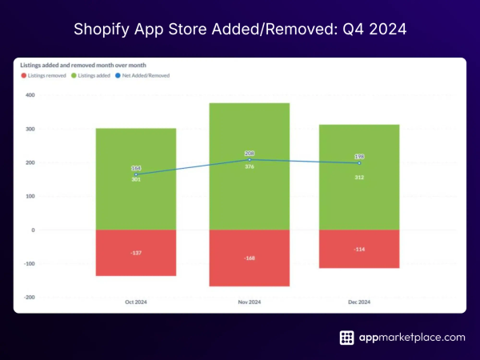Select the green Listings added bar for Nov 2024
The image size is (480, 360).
[249, 200]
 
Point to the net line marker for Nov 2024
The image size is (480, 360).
[249, 160]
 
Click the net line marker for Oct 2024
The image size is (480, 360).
[136, 174]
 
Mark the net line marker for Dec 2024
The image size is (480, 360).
[358, 163]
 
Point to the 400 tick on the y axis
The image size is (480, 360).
[30, 95]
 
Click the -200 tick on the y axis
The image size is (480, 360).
[29, 297]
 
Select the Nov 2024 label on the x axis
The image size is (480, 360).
[249, 302]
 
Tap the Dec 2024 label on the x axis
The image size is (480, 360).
[358, 302]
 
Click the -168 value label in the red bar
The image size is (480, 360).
[249, 258]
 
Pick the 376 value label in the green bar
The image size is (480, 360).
[249, 167]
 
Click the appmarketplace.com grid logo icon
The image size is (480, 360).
[347, 338]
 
